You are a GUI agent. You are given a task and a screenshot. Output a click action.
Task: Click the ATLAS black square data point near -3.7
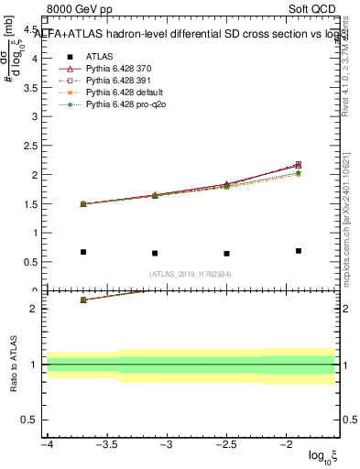83,252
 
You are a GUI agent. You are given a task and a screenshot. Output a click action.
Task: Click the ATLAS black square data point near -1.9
299,250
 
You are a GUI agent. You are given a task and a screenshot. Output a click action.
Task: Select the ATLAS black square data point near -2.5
226,254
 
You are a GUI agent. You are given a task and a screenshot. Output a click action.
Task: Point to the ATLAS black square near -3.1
155,253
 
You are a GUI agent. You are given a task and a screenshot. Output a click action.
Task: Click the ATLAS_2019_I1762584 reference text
191,274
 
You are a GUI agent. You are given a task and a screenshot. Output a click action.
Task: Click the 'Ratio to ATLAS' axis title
12,365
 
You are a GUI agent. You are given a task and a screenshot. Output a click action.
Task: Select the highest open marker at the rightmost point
299,164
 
